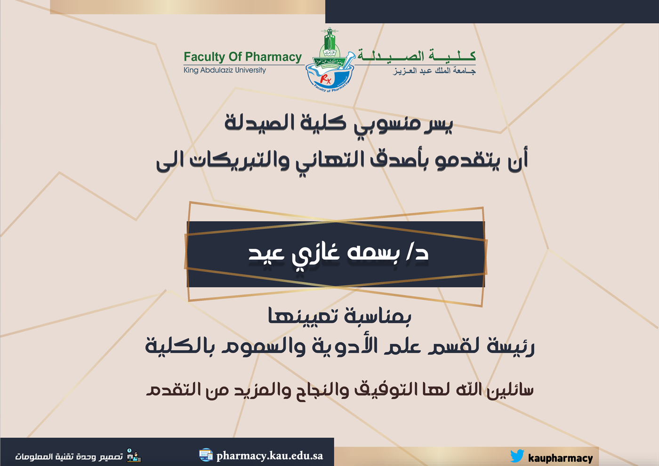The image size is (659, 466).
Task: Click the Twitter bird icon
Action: (517, 456)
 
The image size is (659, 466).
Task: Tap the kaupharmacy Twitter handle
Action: (561, 458)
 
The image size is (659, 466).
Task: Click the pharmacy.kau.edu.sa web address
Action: (269, 456)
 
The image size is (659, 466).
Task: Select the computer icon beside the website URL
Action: (206, 455)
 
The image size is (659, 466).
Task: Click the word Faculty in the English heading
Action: (204, 57)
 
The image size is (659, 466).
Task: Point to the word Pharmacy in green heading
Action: (273, 57)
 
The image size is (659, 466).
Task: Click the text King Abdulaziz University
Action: (225, 70)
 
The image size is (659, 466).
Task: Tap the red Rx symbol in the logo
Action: (326, 79)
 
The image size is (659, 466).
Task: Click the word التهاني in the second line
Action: (330, 161)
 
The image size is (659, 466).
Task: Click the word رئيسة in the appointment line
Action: (510, 346)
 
